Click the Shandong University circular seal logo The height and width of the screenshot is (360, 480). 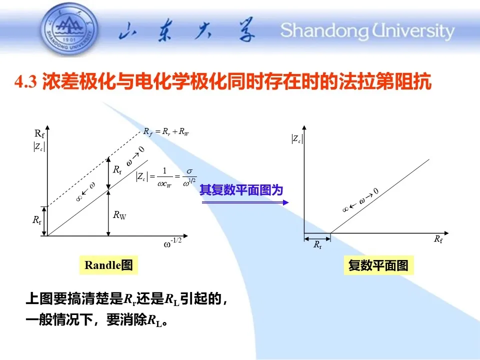click(69, 29)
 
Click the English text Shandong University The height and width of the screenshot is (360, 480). click(367, 30)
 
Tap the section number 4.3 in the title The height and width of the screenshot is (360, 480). click(25, 82)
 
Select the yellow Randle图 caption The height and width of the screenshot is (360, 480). click(108, 265)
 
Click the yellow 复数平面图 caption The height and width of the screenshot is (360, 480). click(378, 265)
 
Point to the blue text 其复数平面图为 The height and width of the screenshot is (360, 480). click(241, 190)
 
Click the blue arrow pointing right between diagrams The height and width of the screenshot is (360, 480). click(245, 202)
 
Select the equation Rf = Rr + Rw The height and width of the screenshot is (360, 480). click(166, 132)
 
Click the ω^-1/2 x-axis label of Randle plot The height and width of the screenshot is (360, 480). click(172, 243)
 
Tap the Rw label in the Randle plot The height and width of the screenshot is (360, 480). click(119, 215)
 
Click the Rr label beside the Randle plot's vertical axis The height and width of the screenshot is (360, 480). click(37, 220)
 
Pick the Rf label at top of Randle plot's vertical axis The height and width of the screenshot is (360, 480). click(39, 133)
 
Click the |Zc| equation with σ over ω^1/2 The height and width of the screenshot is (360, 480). click(166, 177)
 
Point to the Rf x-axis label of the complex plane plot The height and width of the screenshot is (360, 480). click(438, 239)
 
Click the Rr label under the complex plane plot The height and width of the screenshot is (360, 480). click(317, 245)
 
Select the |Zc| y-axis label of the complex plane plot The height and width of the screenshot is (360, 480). click(297, 139)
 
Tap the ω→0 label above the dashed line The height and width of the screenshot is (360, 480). click(135, 156)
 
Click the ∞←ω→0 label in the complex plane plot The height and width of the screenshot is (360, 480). click(360, 200)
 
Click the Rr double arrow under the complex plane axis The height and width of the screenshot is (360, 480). click(317, 238)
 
